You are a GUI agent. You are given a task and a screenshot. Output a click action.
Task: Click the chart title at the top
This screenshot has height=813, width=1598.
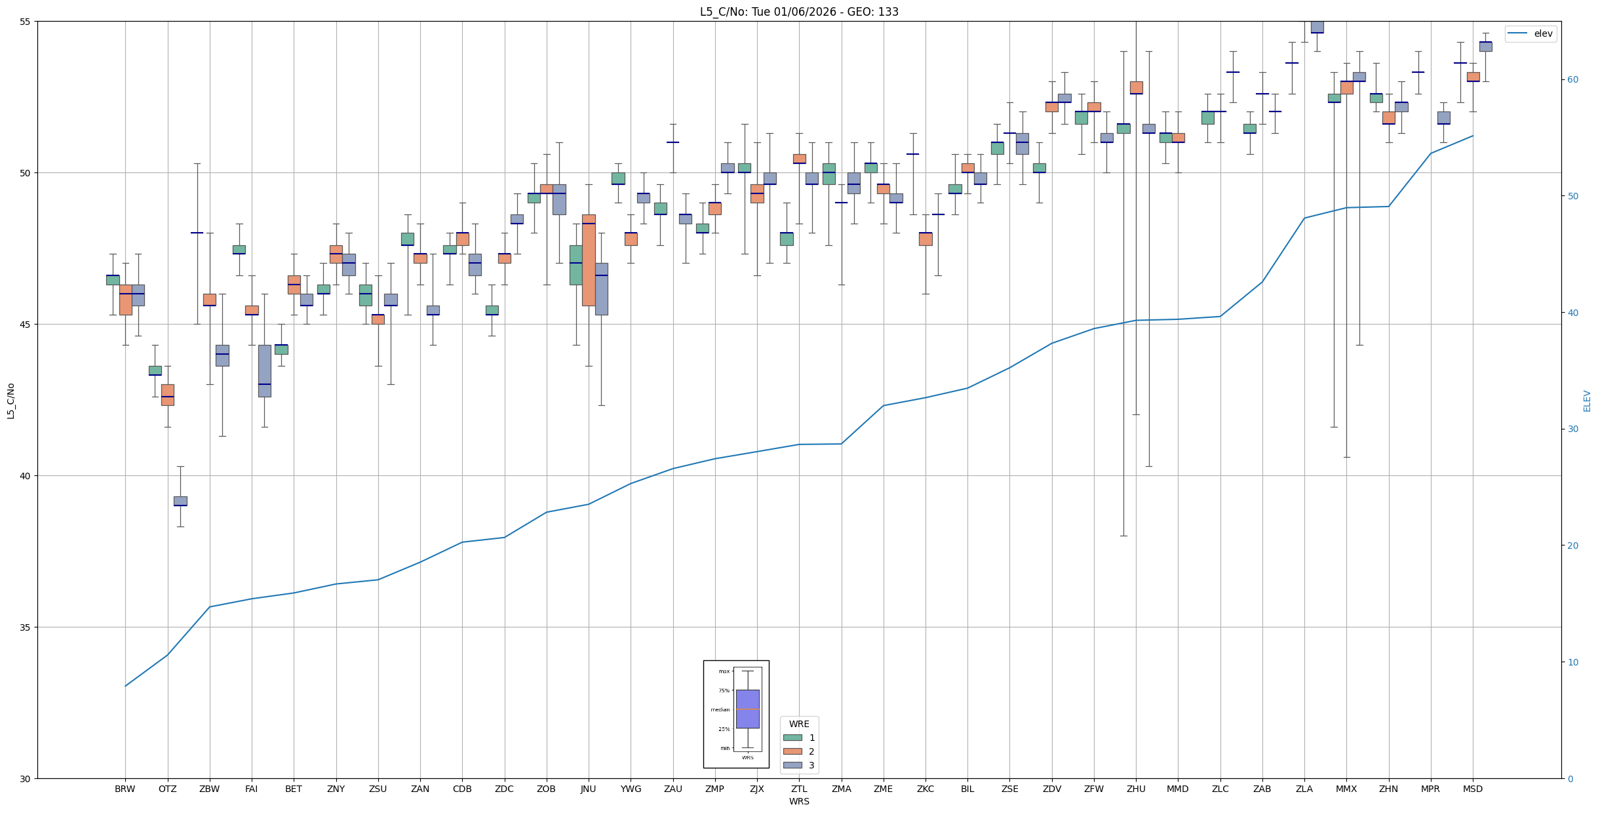tap(799, 12)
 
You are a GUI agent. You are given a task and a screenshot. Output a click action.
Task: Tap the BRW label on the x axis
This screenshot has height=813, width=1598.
tap(125, 789)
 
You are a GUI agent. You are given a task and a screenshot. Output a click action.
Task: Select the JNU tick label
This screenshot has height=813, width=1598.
tap(588, 789)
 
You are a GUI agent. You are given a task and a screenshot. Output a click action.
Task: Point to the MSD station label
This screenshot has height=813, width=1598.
tap(1472, 789)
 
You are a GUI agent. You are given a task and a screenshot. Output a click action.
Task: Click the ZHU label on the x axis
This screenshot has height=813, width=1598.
tap(1136, 789)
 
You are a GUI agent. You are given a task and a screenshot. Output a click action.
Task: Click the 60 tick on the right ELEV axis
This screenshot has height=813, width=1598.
tap(1572, 80)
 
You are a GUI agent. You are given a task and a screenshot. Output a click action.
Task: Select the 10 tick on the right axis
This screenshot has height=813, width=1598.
tap(1572, 662)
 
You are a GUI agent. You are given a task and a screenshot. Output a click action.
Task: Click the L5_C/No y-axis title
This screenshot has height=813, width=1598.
tap(10, 401)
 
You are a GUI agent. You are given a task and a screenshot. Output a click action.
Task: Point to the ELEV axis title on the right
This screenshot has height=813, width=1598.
tap(1587, 401)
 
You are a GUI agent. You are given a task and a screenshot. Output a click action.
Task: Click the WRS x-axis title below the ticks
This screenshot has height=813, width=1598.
tap(799, 801)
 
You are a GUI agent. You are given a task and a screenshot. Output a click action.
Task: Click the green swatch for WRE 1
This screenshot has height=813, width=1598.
tap(792, 738)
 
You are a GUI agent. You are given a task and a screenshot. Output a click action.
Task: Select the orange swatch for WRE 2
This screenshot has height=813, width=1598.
tap(792, 751)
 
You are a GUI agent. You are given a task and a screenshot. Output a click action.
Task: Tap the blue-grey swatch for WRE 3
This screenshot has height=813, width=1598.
tap(792, 765)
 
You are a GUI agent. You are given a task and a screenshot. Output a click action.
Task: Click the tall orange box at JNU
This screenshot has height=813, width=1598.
tap(589, 260)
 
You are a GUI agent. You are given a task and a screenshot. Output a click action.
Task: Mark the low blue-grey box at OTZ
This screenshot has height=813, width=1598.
tap(180, 501)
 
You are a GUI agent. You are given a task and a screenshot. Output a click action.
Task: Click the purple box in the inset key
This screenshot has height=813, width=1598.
tap(747, 709)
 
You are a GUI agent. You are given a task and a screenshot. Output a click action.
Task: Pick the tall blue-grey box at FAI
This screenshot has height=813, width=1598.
tap(264, 370)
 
